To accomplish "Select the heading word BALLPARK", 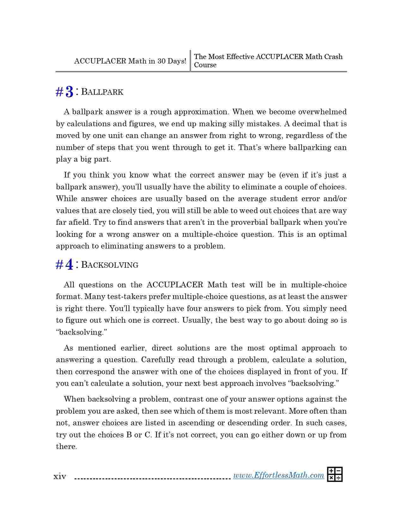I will click(102, 92).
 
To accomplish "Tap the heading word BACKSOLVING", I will click(110, 265).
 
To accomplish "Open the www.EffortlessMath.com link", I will click(278, 476).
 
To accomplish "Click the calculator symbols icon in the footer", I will click(335, 475).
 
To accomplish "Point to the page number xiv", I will click(60, 476).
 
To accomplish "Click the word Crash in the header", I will click(333, 57).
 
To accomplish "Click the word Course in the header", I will click(205, 65).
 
